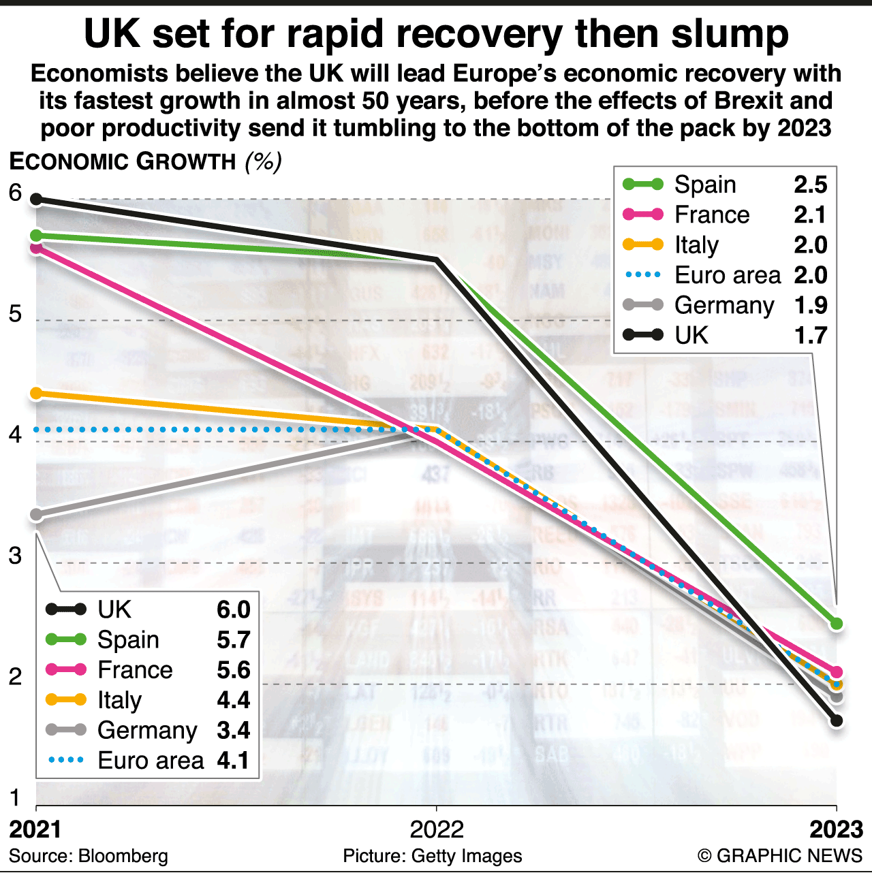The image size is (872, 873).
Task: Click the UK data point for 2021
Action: (x=37, y=200)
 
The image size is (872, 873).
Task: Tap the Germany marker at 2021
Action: (x=37, y=515)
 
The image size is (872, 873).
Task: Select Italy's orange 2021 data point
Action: (x=37, y=394)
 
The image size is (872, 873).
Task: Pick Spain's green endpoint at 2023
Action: (x=837, y=623)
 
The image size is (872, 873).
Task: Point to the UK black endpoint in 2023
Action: (x=837, y=720)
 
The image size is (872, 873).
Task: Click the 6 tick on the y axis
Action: (x=16, y=193)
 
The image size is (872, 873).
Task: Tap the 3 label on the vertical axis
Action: (x=16, y=556)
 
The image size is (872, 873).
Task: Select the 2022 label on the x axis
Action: (x=437, y=829)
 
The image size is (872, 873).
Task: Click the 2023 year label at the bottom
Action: (x=837, y=829)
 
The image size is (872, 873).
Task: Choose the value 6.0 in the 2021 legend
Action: (x=234, y=609)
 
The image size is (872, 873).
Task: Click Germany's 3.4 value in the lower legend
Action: (x=234, y=730)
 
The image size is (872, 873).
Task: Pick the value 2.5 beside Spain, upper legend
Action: (x=811, y=185)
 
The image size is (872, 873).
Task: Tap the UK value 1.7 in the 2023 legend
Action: (x=811, y=335)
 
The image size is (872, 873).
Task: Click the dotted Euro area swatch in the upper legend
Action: (x=643, y=275)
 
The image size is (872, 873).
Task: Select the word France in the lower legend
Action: (x=135, y=670)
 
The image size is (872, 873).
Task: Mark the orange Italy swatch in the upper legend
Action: (x=643, y=244)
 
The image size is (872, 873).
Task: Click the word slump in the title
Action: (x=730, y=33)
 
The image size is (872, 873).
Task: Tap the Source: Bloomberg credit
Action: (x=89, y=856)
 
